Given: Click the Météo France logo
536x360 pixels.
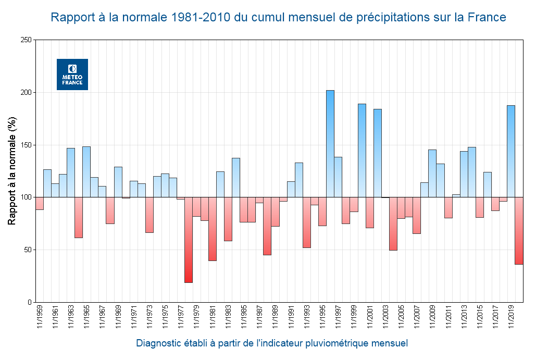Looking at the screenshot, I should pos(72,75).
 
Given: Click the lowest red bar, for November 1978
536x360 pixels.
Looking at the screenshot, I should pos(189,240).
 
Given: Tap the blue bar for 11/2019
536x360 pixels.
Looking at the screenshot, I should pos(511,151).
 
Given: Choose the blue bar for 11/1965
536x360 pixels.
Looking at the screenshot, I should pos(86,171).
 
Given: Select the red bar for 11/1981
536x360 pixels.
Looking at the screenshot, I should pos(213,229).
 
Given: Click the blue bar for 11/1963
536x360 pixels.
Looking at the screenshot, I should pos(71,172).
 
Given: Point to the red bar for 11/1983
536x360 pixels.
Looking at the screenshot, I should pos(228,219).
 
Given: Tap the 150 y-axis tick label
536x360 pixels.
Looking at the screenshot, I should pos(25,145).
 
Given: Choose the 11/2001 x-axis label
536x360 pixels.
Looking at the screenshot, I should pos(370,317).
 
